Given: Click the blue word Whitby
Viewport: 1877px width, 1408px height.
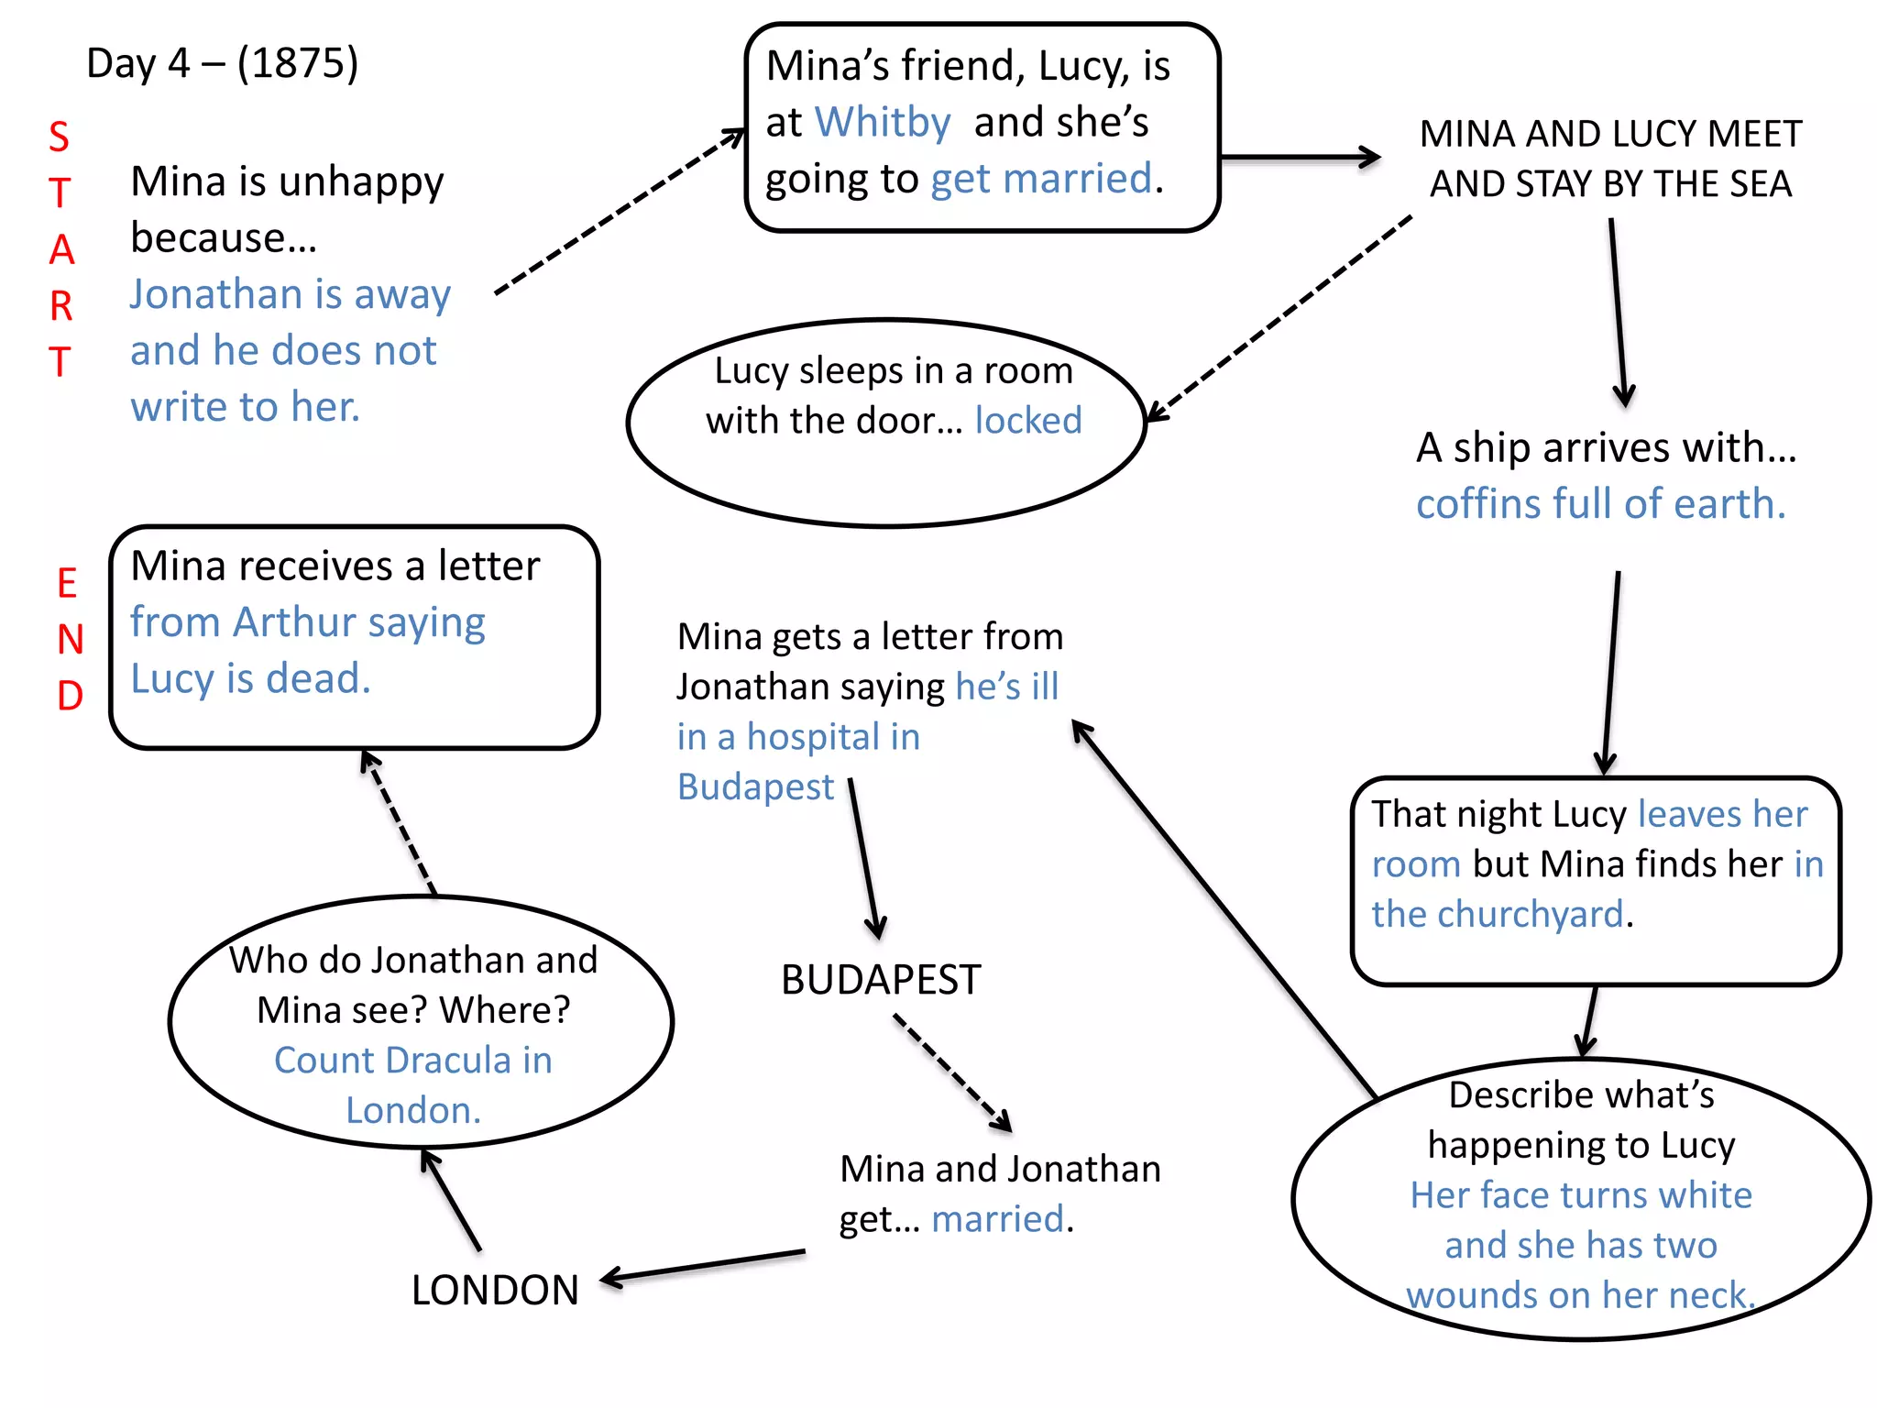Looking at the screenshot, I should [883, 123].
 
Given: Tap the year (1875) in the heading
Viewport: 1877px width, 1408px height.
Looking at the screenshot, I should [298, 63].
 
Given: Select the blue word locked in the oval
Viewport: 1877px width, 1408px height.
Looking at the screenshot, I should [1027, 421].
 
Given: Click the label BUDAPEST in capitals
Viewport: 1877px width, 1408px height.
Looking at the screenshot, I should [881, 980].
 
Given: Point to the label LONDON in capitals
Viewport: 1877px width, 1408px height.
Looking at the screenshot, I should [495, 1290].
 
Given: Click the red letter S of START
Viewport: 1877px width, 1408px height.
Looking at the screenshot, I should [59, 137].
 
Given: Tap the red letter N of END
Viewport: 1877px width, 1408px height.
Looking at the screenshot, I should [70, 640].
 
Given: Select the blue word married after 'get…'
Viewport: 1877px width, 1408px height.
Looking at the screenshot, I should [997, 1219].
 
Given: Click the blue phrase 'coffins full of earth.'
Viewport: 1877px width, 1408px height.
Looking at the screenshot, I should [1600, 504].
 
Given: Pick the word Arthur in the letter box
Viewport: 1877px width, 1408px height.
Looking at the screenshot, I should [294, 622].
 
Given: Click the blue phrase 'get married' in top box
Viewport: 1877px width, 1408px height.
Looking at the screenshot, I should [1041, 179].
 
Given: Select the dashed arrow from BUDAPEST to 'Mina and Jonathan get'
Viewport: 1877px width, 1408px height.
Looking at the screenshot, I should [953, 1072].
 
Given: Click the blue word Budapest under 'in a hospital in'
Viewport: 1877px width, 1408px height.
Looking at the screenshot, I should [755, 787].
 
